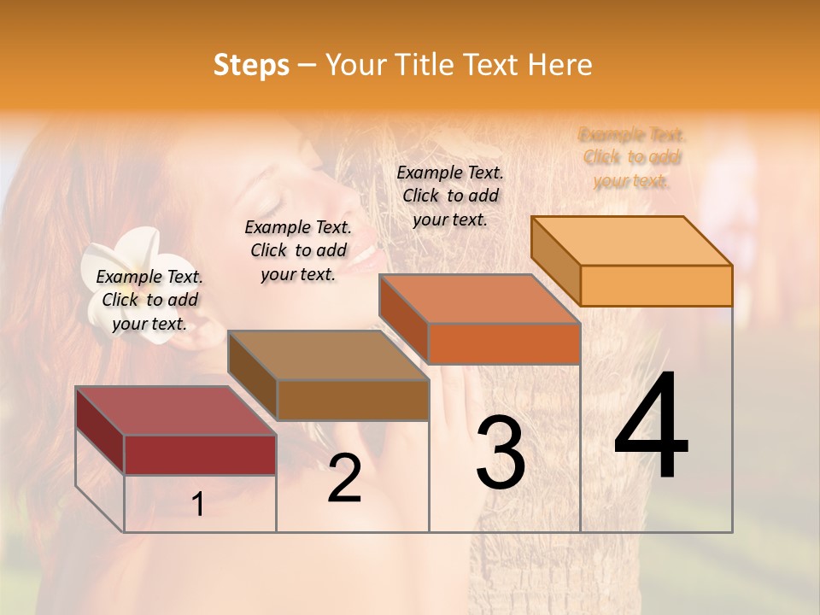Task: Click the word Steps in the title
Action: [x=251, y=65]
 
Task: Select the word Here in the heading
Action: [x=559, y=65]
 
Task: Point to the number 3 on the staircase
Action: [x=501, y=453]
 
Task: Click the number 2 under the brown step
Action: [x=344, y=478]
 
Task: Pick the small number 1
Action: [x=198, y=504]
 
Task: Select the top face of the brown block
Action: [x=328, y=355]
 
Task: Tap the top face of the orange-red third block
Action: [x=479, y=299]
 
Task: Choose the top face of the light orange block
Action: [x=631, y=240]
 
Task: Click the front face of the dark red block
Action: [x=200, y=454]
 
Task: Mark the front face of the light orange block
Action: [x=656, y=285]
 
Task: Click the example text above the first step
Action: [x=149, y=300]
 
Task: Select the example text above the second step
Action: [x=298, y=250]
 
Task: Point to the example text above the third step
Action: [x=450, y=196]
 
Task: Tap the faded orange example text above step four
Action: [x=632, y=157]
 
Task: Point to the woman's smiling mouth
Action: [x=364, y=255]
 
